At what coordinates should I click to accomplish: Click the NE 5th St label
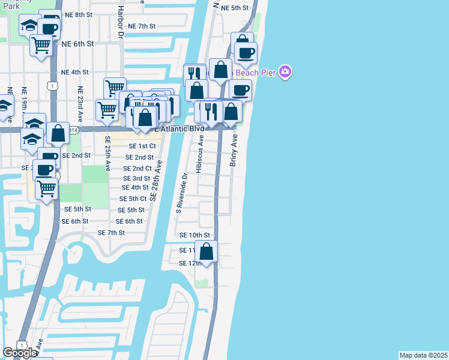coord(235,8)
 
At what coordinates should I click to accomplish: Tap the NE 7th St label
coord(142,26)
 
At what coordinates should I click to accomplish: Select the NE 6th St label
coord(78,44)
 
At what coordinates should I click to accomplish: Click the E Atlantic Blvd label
coord(179,128)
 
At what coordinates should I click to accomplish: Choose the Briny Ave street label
coord(235,150)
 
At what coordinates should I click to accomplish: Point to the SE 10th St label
coord(195,235)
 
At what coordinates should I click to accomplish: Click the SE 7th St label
coord(111,233)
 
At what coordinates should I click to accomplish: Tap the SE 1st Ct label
coord(142,146)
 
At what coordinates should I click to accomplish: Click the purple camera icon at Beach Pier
coord(285,73)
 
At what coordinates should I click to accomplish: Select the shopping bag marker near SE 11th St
coord(206,252)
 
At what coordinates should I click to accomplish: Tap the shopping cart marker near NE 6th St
coord(41,44)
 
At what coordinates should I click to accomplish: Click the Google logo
coord(20,353)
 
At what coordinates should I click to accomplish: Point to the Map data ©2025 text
coord(423,355)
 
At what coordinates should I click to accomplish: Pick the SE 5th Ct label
coord(133,199)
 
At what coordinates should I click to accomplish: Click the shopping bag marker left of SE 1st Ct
coord(58,134)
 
